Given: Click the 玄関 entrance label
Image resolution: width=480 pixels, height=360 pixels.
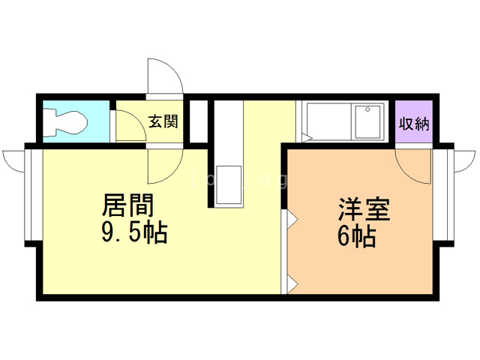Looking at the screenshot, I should pyautogui.click(x=162, y=121).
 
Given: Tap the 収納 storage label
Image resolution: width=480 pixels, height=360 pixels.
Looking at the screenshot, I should pyautogui.click(x=414, y=124).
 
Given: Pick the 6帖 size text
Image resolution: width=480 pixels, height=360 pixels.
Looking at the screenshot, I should pyautogui.click(x=356, y=237).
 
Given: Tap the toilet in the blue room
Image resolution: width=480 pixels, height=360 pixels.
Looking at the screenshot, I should pyautogui.click(x=64, y=121).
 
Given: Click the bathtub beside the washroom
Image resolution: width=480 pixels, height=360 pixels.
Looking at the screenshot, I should pyautogui.click(x=326, y=120).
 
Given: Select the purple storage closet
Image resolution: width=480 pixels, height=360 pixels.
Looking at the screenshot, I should pyautogui.click(x=414, y=120).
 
